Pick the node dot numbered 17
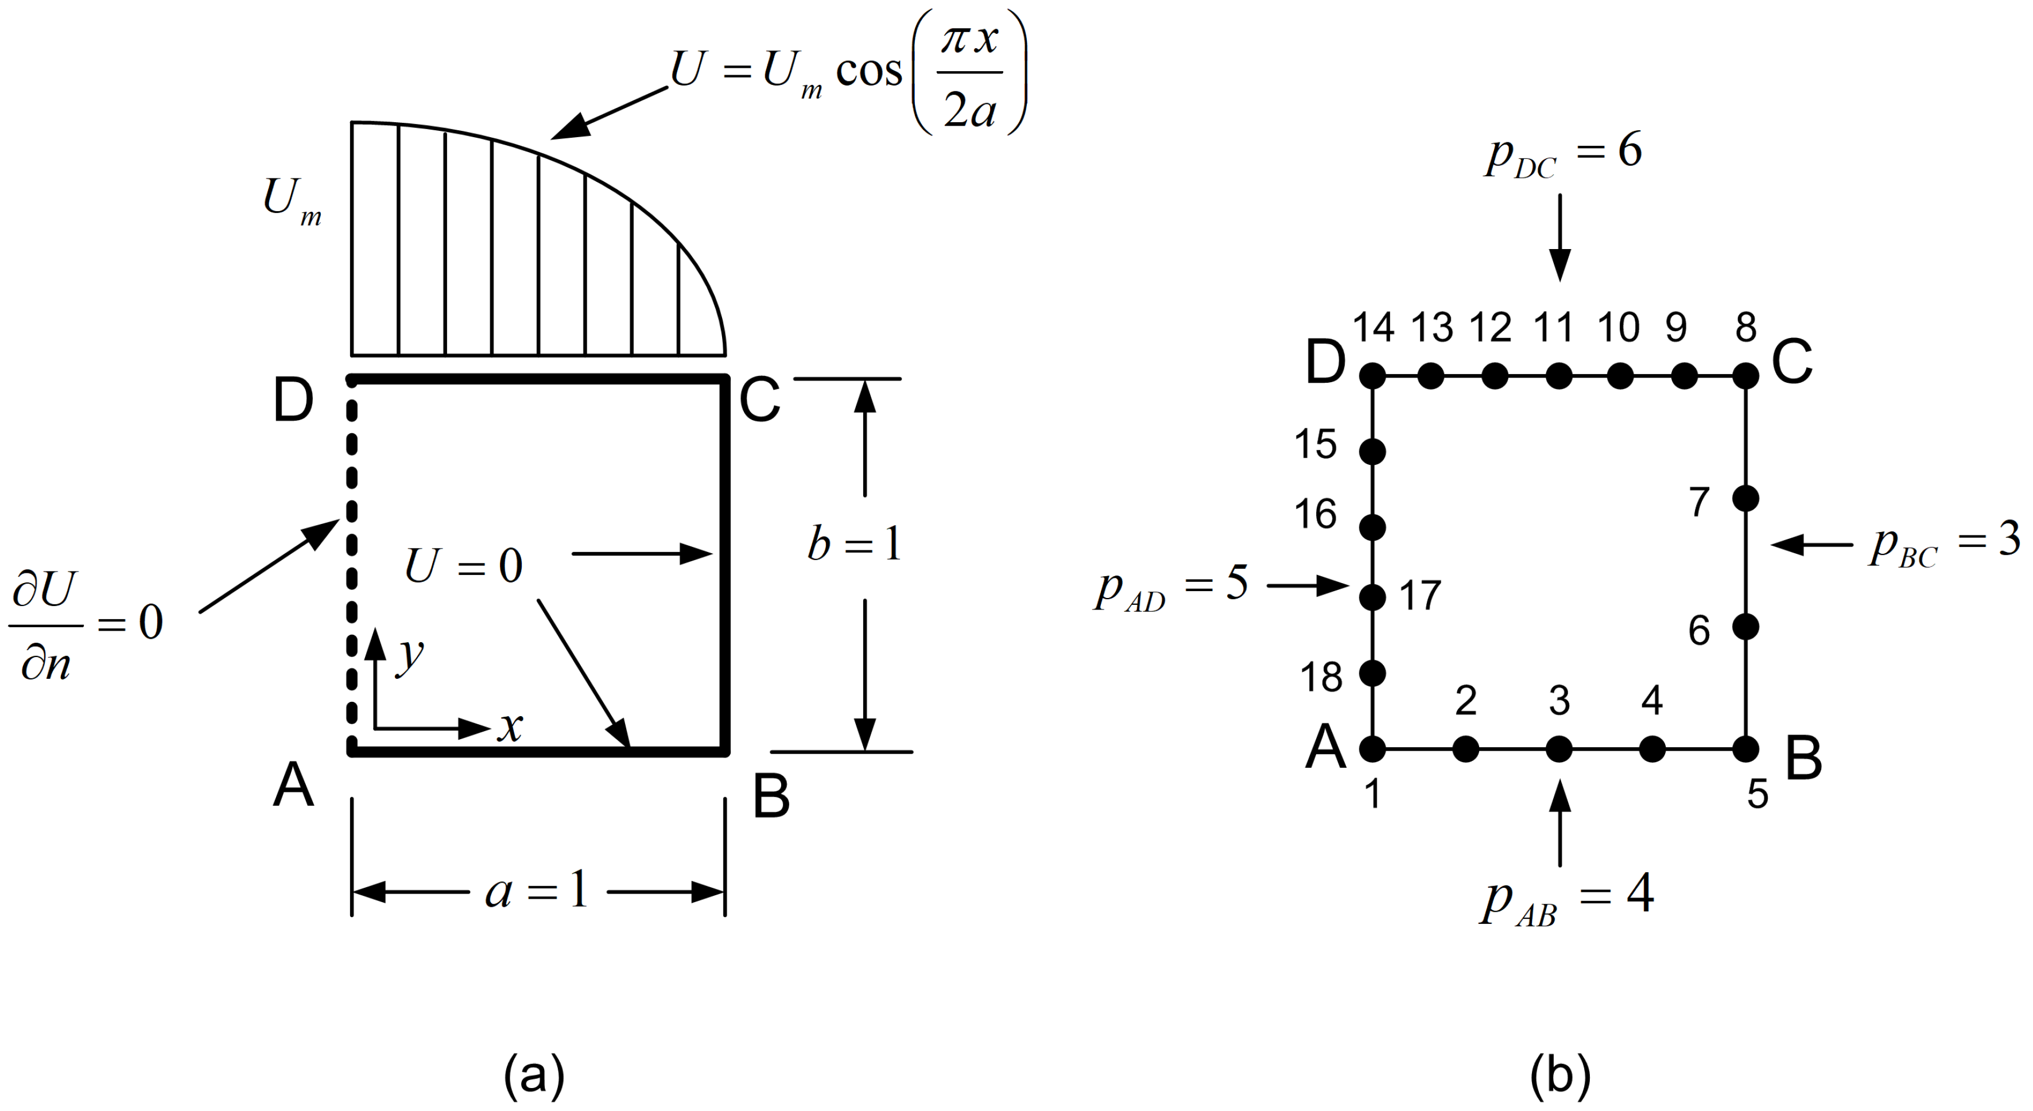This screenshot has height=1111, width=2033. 1373,597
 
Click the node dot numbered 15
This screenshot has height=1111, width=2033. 1373,452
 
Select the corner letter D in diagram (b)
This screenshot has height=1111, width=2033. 1325,364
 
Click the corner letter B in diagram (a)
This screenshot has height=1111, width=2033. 771,796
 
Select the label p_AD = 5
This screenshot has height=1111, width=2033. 1171,588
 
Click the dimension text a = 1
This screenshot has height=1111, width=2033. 537,892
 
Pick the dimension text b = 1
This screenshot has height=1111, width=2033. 854,543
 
